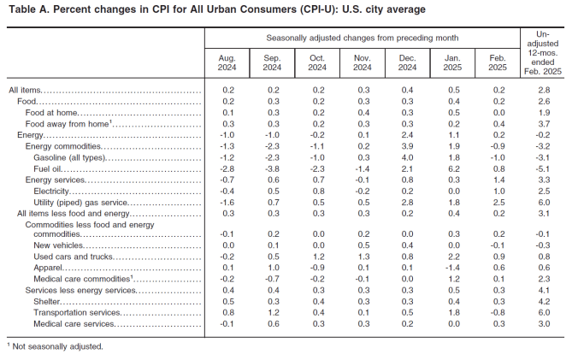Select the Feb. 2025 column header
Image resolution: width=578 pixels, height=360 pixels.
(x=498, y=62)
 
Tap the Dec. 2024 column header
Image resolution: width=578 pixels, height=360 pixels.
(x=408, y=62)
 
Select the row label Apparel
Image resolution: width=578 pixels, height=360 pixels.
(x=49, y=268)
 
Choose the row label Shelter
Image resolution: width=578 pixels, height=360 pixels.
(x=48, y=301)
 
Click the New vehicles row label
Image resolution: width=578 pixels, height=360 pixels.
(x=57, y=245)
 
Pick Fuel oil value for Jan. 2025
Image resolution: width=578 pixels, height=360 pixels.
(x=453, y=168)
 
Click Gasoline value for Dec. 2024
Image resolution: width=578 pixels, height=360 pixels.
(x=408, y=157)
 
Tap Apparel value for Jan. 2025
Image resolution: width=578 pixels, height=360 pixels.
(x=452, y=268)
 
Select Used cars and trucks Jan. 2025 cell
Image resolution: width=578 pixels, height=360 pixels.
(x=453, y=257)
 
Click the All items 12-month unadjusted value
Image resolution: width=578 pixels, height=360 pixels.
(x=544, y=90)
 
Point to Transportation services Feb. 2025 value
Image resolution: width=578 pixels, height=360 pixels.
(x=498, y=312)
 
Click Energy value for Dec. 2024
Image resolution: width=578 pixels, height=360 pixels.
(x=408, y=135)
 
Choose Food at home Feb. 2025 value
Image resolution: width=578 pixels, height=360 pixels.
(x=498, y=112)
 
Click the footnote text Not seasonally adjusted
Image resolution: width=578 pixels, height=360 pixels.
(x=56, y=346)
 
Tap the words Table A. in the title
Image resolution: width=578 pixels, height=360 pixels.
(x=28, y=9)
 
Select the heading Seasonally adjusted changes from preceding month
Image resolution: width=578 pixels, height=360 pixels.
(x=362, y=38)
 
